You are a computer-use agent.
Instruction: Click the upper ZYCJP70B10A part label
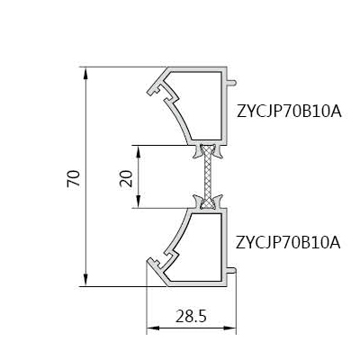click(x=289, y=112)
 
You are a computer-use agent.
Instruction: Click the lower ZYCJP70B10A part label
click(x=288, y=243)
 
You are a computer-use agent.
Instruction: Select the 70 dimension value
click(x=74, y=178)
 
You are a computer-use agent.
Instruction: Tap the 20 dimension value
click(x=126, y=178)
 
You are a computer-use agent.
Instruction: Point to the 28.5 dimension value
click(x=191, y=317)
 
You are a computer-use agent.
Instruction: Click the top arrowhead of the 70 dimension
click(x=86, y=73)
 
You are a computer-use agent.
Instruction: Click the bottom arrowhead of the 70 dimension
click(x=86, y=280)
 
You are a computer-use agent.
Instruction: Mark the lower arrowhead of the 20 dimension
click(x=139, y=202)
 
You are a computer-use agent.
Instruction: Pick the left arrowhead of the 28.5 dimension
click(x=153, y=328)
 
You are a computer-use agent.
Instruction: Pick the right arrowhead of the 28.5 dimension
click(x=230, y=328)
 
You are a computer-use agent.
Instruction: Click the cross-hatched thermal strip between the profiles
click(x=208, y=176)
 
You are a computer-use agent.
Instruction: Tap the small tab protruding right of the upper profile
click(x=232, y=83)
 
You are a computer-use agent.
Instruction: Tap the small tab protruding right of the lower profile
click(x=232, y=271)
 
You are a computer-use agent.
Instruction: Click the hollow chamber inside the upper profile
click(x=200, y=105)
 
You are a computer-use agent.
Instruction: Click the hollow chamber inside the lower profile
click(x=200, y=247)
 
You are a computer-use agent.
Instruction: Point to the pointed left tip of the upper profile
click(x=148, y=93)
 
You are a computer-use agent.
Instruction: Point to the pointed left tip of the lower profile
click(x=148, y=260)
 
